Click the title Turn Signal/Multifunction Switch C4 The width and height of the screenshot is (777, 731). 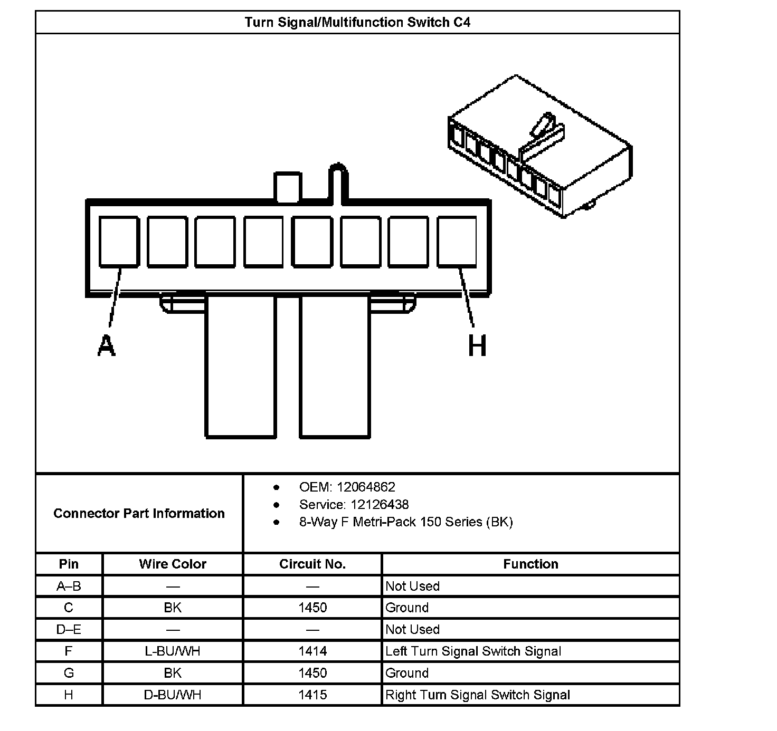point(357,22)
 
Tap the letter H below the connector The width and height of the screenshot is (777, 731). point(477,346)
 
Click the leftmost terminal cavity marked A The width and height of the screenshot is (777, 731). point(119,241)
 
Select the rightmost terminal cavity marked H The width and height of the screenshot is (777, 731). point(457,241)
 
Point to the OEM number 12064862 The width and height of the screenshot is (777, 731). point(366,487)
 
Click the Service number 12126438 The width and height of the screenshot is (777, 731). point(380,505)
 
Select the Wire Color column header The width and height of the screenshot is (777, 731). point(173,564)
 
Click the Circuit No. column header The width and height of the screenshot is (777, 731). point(312,564)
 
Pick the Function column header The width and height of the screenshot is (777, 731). point(530,564)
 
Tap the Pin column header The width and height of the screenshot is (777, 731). point(69,564)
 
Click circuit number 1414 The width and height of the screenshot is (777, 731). point(312,651)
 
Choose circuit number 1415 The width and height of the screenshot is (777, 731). point(312,695)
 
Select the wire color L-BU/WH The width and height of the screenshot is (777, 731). point(173,651)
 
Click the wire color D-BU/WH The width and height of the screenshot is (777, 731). point(173,695)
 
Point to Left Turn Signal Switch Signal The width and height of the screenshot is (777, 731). point(473,651)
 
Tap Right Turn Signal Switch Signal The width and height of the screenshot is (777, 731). point(478,695)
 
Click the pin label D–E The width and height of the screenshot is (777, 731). point(69,629)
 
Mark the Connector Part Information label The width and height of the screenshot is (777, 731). point(139,513)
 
